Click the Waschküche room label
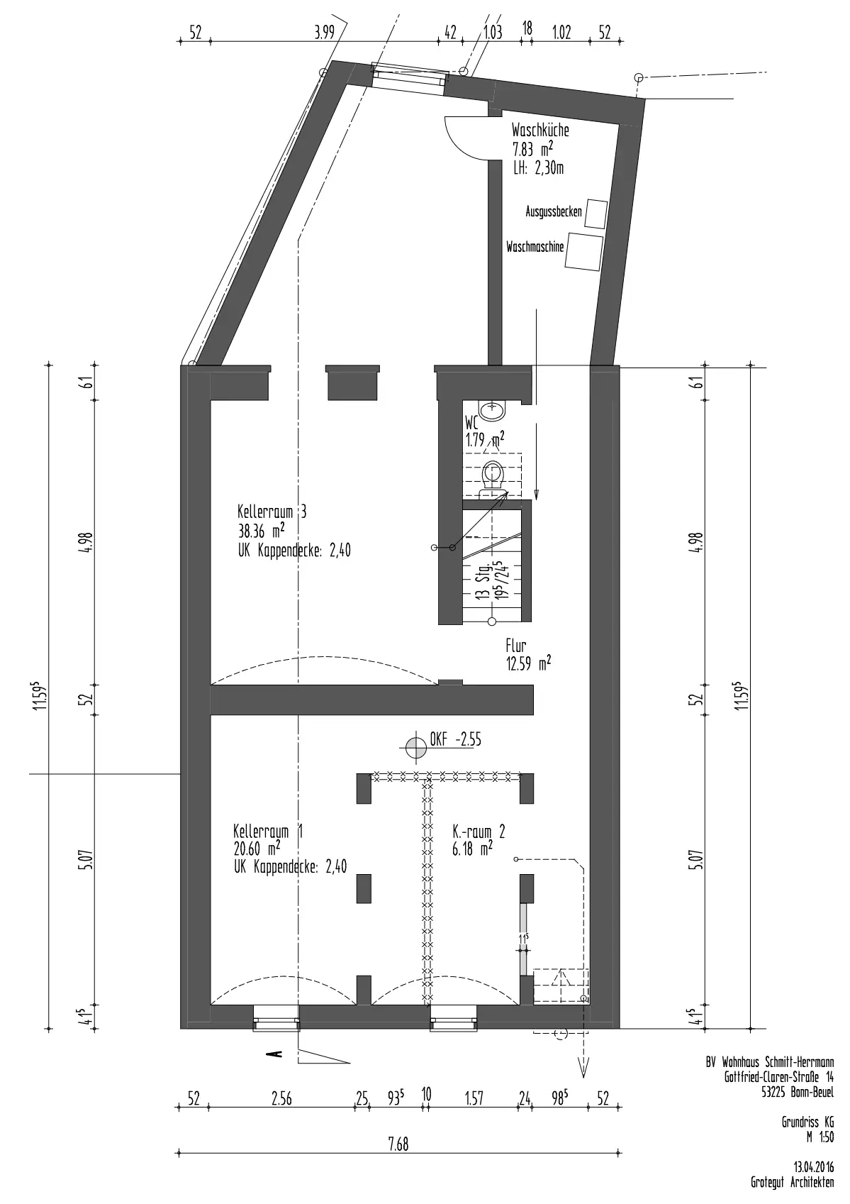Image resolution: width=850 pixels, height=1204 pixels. tap(539, 130)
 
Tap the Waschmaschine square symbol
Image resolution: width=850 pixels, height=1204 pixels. tap(583, 252)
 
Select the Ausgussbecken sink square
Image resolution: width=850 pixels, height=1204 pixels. tap(596, 214)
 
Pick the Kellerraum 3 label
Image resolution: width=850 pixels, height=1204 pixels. tap(272, 511)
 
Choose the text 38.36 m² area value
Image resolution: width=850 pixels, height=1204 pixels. tap(261, 531)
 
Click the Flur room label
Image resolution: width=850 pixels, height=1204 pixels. tap(515, 645)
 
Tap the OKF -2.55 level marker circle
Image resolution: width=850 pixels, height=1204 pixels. tap(415, 747)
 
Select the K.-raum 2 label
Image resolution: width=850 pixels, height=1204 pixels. tap(479, 832)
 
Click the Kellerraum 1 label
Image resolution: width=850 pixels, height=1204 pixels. tap(268, 832)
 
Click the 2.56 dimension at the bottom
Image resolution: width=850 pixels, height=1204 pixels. tap(281, 1099)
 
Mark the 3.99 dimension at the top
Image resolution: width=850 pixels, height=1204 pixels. tap(324, 33)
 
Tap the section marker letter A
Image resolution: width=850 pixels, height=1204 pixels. tap(277, 1054)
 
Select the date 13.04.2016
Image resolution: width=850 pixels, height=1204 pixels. tap(814, 1167)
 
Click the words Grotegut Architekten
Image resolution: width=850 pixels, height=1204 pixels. tap(793, 1182)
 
